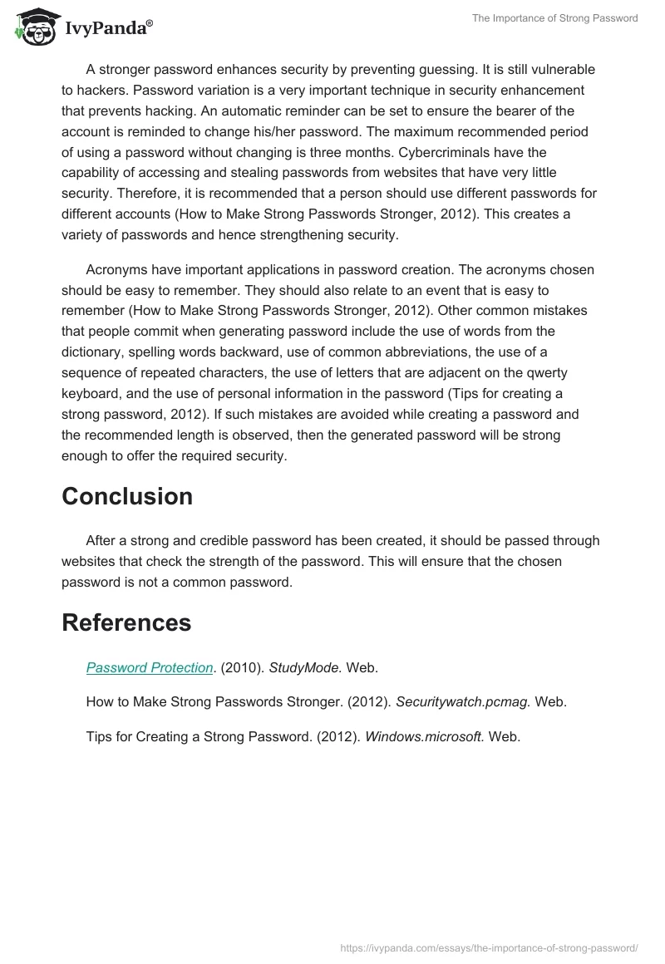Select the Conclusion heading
pos(127,496)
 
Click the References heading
pos(126,622)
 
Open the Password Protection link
pos(150,667)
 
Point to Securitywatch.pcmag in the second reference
pos(461,702)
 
